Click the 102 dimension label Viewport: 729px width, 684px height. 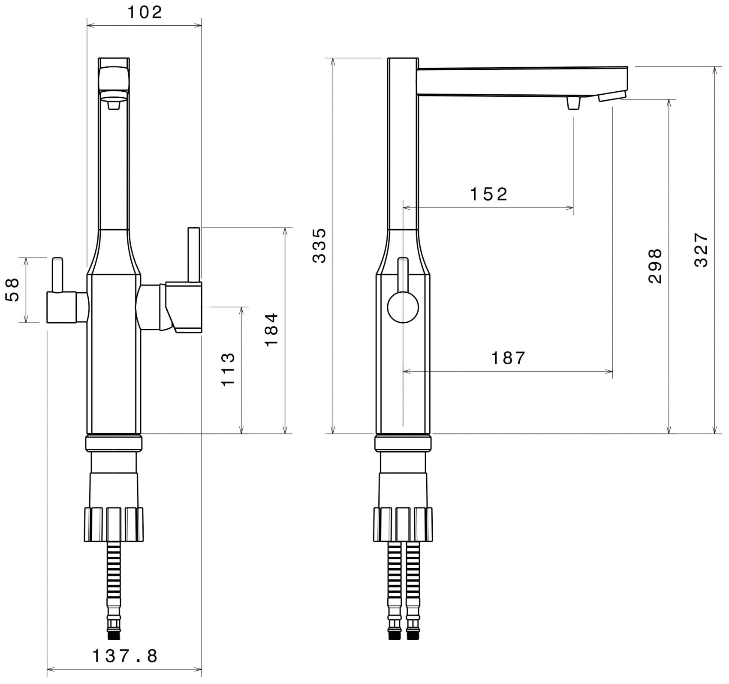145,13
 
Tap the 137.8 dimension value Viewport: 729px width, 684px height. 125,656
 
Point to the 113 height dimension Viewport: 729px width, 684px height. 228,369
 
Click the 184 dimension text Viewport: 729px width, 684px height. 271,330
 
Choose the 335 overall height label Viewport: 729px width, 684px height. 319,246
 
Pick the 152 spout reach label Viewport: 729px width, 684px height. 488,195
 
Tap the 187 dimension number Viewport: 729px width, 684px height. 508,358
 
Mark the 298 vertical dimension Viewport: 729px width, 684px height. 655,265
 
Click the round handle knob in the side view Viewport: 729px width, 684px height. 403,307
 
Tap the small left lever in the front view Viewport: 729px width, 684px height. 57,274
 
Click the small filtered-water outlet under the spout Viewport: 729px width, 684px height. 573,103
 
